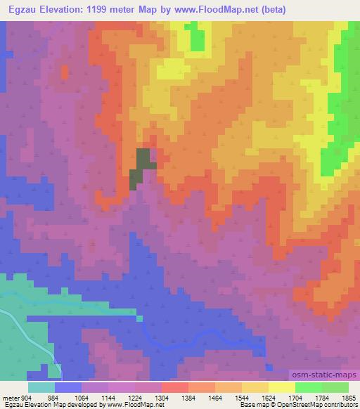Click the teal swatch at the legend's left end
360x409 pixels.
click(41, 388)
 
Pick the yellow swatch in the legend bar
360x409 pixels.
click(281, 388)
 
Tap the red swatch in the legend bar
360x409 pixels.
click(174, 388)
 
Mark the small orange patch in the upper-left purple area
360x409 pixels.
click(65, 72)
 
